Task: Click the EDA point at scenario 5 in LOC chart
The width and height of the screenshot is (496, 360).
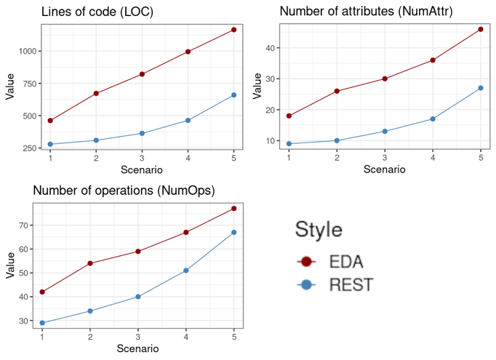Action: coord(233,30)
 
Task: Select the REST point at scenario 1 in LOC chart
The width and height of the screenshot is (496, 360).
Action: coord(50,144)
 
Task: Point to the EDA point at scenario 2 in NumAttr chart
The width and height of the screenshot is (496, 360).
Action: coord(337,91)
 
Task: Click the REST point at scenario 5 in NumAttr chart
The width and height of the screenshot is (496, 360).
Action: coord(481,88)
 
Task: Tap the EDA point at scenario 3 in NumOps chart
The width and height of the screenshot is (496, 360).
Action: coord(138,252)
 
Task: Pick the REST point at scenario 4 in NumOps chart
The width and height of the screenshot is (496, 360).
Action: coord(186,271)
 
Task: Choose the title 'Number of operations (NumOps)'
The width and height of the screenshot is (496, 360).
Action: coord(124,191)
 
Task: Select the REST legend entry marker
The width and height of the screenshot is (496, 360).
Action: coord(306,285)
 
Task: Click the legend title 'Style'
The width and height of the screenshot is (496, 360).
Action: coord(319,230)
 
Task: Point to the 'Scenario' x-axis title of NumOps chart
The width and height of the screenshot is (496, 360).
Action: coord(138,349)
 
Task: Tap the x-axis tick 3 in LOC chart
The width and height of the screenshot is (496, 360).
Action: coord(142,158)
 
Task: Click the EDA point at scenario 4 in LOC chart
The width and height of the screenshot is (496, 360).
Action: coord(188,52)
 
